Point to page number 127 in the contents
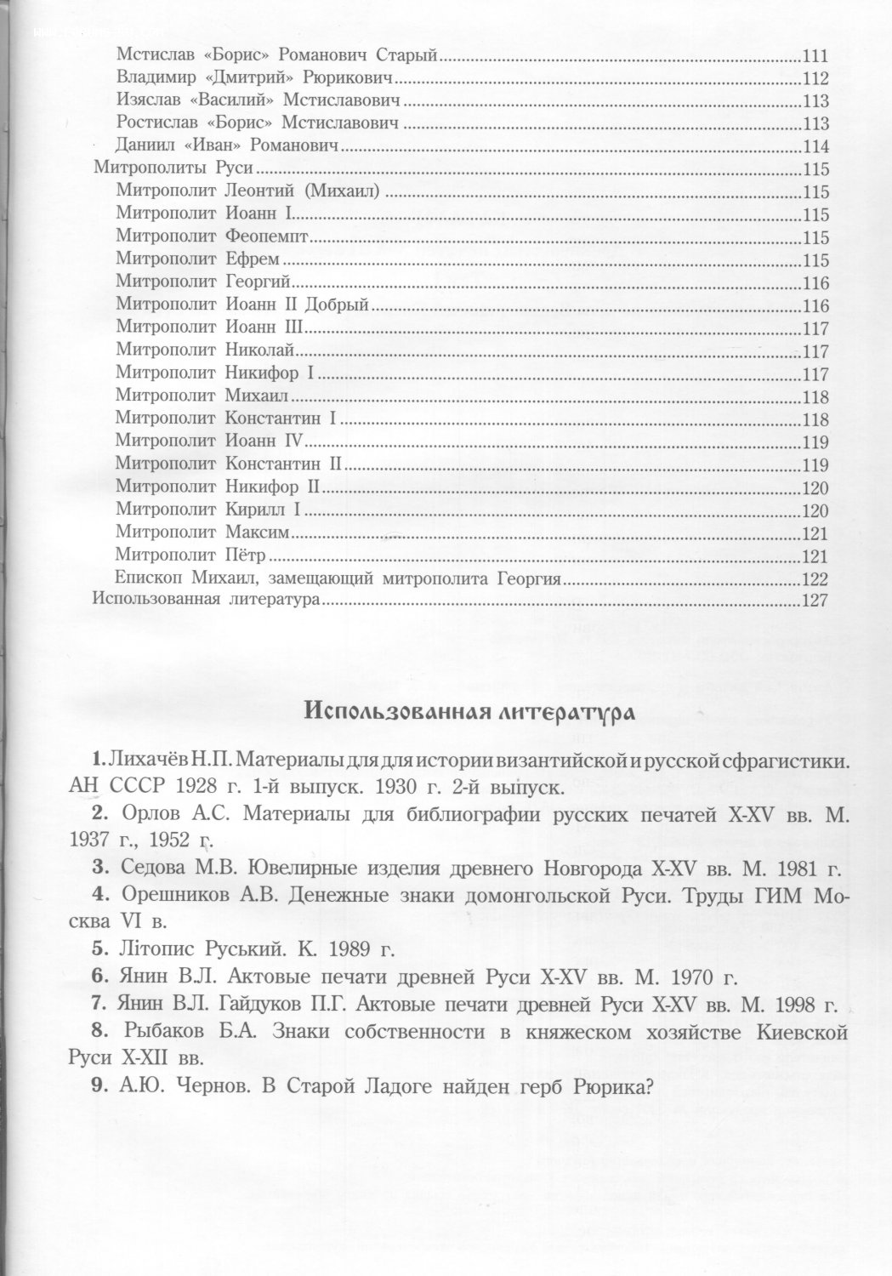click(815, 601)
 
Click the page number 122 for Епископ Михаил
click(815, 579)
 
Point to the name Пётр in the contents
click(247, 555)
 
